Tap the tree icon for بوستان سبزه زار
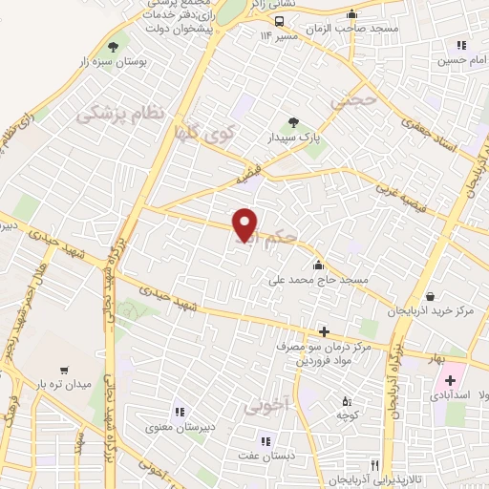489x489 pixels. tap(114, 46)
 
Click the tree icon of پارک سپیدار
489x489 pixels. tap(294, 122)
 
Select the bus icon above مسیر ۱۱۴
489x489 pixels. tap(279, 22)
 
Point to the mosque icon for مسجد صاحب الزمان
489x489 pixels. tap(352, 14)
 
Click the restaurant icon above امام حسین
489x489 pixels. tap(462, 45)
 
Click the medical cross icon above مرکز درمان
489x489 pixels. tap(324, 332)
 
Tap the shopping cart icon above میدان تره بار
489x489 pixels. tap(64, 369)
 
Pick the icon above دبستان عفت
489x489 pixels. tap(266, 441)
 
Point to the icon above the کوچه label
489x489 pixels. tap(347, 401)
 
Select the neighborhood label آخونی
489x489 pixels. tap(265, 404)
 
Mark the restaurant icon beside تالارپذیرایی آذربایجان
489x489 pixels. tap(387, 464)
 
